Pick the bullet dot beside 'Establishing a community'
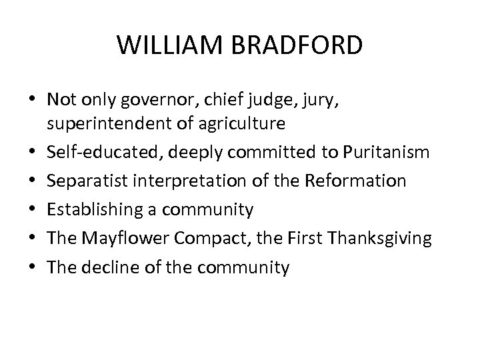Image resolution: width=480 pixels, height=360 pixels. tap(32, 211)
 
